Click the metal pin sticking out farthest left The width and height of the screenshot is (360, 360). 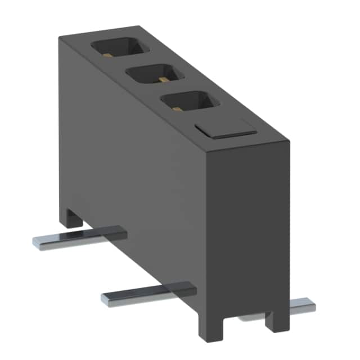pyautogui.click(x=79, y=236)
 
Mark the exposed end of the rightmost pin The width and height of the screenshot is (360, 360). pyautogui.click(x=310, y=304)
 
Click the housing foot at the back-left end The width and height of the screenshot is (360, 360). pyautogui.click(x=70, y=217)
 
